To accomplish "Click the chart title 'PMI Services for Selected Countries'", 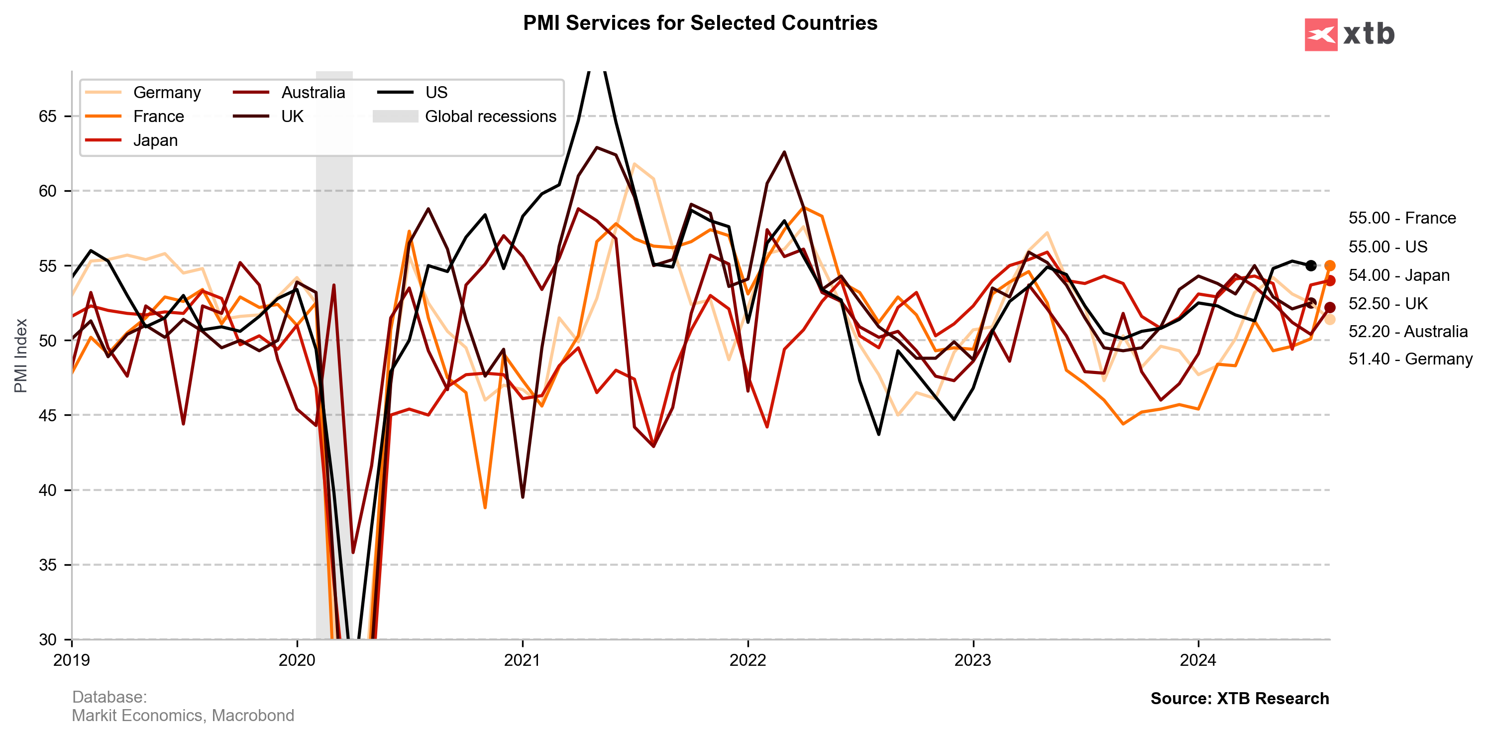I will click(700, 23).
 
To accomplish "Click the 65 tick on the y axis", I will click(48, 116).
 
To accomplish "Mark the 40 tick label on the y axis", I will click(48, 490).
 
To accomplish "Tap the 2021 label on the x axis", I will click(522, 660).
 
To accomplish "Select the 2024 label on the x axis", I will click(1198, 660).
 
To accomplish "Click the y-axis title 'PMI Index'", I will click(21, 356).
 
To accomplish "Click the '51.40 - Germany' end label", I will click(1410, 359).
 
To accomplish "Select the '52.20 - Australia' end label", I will click(1408, 331).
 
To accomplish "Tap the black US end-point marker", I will click(1311, 266).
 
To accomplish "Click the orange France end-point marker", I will click(1330, 266).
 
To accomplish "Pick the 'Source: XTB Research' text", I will click(1240, 699).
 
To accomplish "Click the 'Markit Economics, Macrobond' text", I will click(183, 715).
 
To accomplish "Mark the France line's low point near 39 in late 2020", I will click(485, 507).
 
